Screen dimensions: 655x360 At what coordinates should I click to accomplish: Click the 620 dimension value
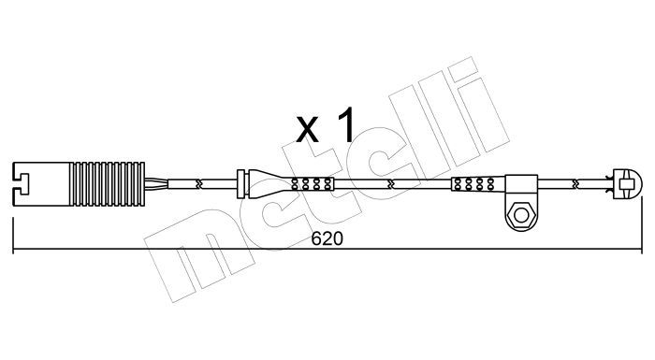click(327, 238)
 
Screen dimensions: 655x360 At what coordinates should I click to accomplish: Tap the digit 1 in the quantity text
click(346, 124)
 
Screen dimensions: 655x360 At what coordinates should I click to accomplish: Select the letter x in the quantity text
click(307, 129)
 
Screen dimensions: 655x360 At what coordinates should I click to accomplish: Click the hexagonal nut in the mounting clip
click(521, 215)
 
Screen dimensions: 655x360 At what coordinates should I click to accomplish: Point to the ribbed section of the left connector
click(108, 184)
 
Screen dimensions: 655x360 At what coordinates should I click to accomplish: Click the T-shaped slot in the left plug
click(21, 184)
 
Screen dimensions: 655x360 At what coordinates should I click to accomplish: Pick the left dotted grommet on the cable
click(313, 184)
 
